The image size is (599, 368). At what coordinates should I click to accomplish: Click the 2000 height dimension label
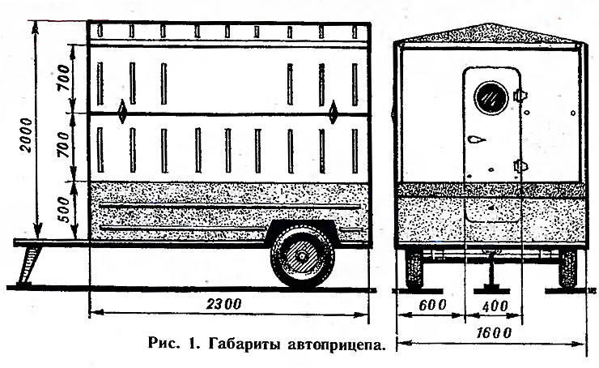[26, 135]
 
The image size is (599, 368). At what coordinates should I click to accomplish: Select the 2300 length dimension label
[224, 304]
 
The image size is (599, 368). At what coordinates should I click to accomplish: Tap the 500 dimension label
[65, 210]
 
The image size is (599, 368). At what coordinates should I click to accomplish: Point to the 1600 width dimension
[493, 333]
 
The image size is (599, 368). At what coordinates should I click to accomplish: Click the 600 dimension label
[432, 306]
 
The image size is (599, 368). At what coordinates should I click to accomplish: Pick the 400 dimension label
[495, 306]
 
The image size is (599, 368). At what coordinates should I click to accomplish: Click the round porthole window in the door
[491, 98]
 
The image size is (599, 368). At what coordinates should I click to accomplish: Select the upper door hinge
[520, 95]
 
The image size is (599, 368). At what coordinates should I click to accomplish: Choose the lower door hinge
[520, 165]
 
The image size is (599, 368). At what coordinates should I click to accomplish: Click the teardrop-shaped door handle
[477, 139]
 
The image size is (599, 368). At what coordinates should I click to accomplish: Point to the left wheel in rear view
[414, 268]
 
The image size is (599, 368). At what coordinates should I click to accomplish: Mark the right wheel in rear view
[567, 268]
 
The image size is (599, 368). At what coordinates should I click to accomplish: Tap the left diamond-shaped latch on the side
[122, 112]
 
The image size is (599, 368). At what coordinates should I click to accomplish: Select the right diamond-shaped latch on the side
[333, 112]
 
